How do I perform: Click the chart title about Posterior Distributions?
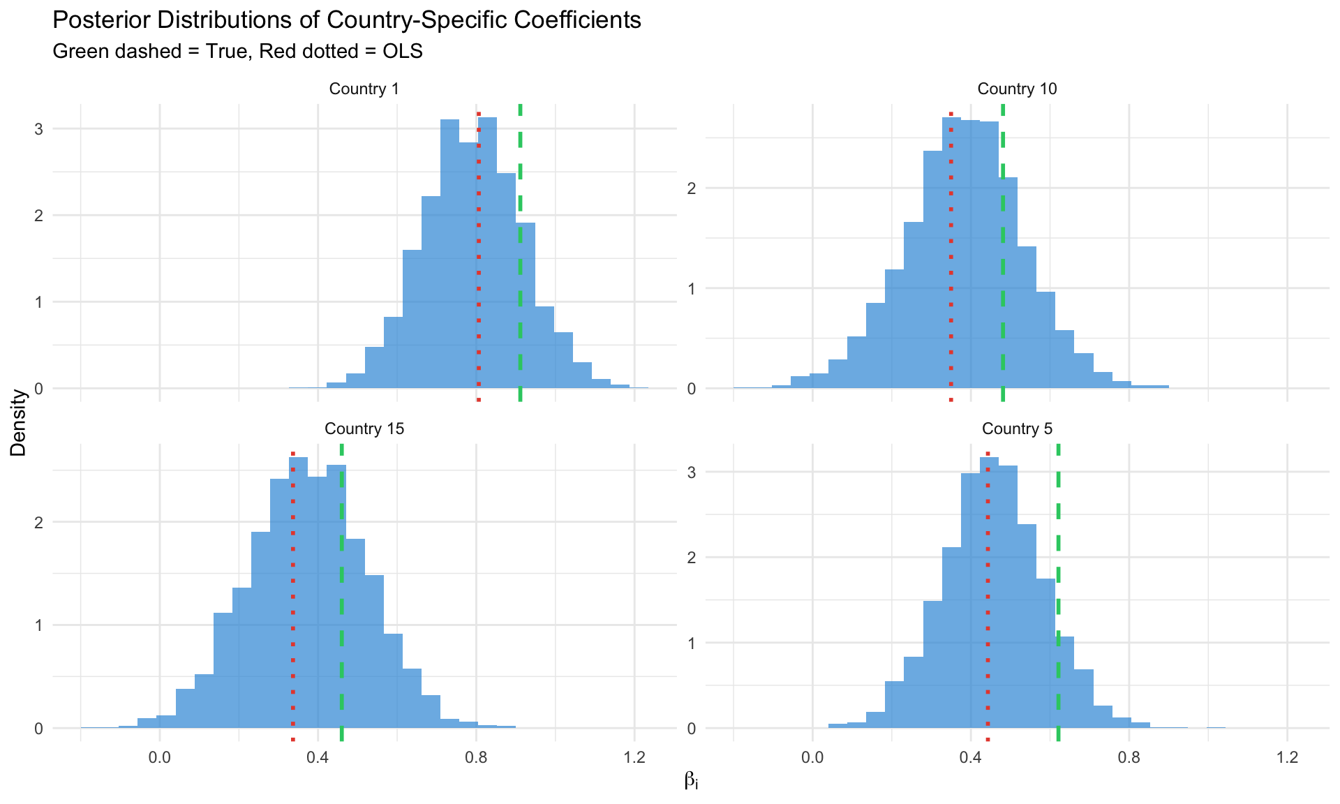pyautogui.click(x=347, y=20)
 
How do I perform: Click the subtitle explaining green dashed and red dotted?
pyautogui.click(x=237, y=52)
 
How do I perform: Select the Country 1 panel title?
pyautogui.click(x=364, y=89)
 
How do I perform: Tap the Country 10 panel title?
pyautogui.click(x=1017, y=89)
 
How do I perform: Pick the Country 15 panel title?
pyautogui.click(x=364, y=429)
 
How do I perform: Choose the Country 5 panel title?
pyautogui.click(x=1017, y=429)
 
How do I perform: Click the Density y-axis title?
pyautogui.click(x=19, y=422)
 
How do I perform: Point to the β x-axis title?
pyautogui.click(x=691, y=780)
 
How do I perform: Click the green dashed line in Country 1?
pyautogui.click(x=521, y=279)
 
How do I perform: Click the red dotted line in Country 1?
pyautogui.click(x=479, y=279)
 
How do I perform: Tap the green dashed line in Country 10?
pyautogui.click(x=1003, y=279)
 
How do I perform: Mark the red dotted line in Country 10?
pyautogui.click(x=951, y=279)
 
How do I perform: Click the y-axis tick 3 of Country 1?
pyautogui.click(x=38, y=129)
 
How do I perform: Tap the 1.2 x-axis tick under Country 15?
pyautogui.click(x=634, y=758)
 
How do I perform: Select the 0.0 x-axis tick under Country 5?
pyautogui.click(x=812, y=758)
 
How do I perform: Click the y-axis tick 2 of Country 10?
pyautogui.click(x=692, y=188)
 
